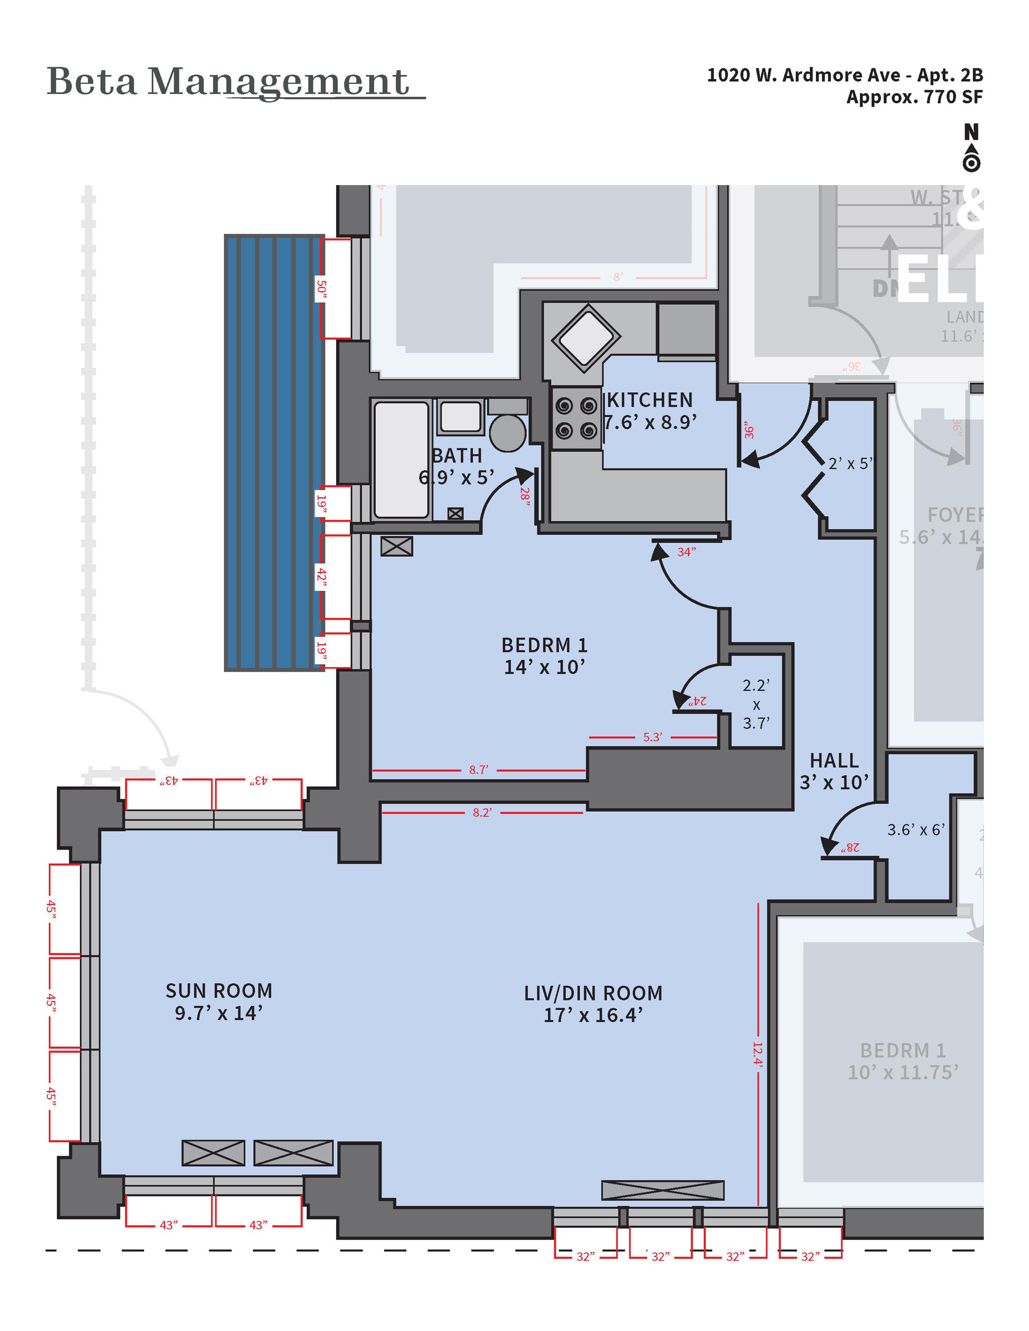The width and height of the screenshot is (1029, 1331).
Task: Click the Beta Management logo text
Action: click(x=228, y=82)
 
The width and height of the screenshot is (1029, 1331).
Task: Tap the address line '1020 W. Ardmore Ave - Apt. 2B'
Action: click(x=844, y=75)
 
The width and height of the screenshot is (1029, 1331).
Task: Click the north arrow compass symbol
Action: click(x=971, y=148)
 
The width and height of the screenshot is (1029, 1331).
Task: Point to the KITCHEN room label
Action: click(x=650, y=400)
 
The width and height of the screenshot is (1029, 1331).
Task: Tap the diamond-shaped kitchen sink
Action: click(x=585, y=337)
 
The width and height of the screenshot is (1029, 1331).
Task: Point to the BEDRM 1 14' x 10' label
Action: click(x=544, y=656)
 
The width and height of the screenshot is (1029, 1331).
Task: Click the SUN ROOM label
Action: click(x=219, y=991)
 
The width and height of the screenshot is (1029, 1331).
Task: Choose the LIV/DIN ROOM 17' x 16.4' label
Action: click(x=593, y=1004)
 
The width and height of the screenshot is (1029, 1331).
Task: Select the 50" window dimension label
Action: click(x=321, y=289)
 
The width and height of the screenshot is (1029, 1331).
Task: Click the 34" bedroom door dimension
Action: click(x=686, y=552)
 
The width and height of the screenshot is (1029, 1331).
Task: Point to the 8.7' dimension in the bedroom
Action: click(x=479, y=770)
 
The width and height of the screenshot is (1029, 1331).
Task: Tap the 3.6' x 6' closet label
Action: click(x=916, y=830)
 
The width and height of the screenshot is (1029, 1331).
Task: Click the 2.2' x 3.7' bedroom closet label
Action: click(x=756, y=704)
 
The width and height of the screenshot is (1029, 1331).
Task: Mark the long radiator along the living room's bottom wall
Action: click(x=663, y=1190)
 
